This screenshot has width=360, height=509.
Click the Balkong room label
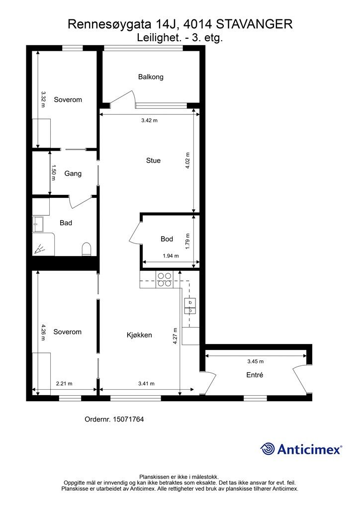coord(151,77)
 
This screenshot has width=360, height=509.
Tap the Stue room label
coord(153,161)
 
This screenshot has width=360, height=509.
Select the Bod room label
coord(167,239)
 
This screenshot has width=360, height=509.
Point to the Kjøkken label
coord(139,335)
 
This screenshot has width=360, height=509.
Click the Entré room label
coord(255,375)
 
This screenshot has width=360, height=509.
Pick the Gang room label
coord(73,173)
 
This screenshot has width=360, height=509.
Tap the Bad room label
coord(66,223)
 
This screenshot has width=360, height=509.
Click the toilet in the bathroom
coord(87,249)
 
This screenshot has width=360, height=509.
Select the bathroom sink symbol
coord(38,225)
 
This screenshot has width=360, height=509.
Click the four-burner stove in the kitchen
coord(165,279)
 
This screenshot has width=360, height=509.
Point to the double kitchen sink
coord(190,306)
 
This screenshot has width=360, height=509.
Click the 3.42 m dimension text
coord(150,120)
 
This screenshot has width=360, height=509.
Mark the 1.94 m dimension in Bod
coord(171,256)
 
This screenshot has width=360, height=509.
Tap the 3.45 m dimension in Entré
coord(256,361)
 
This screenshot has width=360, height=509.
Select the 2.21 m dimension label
coord(64,384)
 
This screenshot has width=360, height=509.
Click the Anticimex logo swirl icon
coord(268,449)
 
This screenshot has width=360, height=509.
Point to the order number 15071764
coord(128,420)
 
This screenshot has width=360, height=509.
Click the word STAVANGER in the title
coord(254,24)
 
